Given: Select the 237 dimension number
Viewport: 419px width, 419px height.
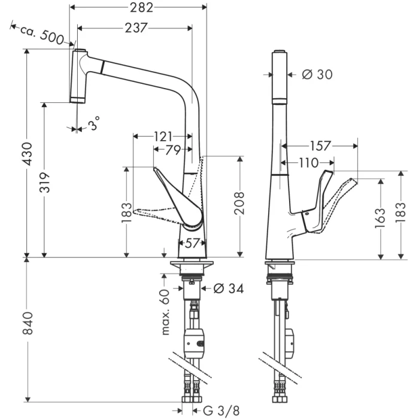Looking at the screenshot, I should (x=136, y=28).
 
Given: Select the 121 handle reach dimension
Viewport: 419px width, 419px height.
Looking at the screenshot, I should (x=163, y=136).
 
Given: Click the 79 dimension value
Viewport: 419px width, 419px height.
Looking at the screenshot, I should (x=173, y=150).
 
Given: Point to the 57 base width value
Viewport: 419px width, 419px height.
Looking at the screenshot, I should (x=193, y=243).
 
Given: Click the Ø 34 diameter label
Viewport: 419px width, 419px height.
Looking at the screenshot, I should (x=228, y=289).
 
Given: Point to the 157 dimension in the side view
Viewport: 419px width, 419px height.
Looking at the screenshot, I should (x=322, y=145).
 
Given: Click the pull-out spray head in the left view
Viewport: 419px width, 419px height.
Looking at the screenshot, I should (x=80, y=77).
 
